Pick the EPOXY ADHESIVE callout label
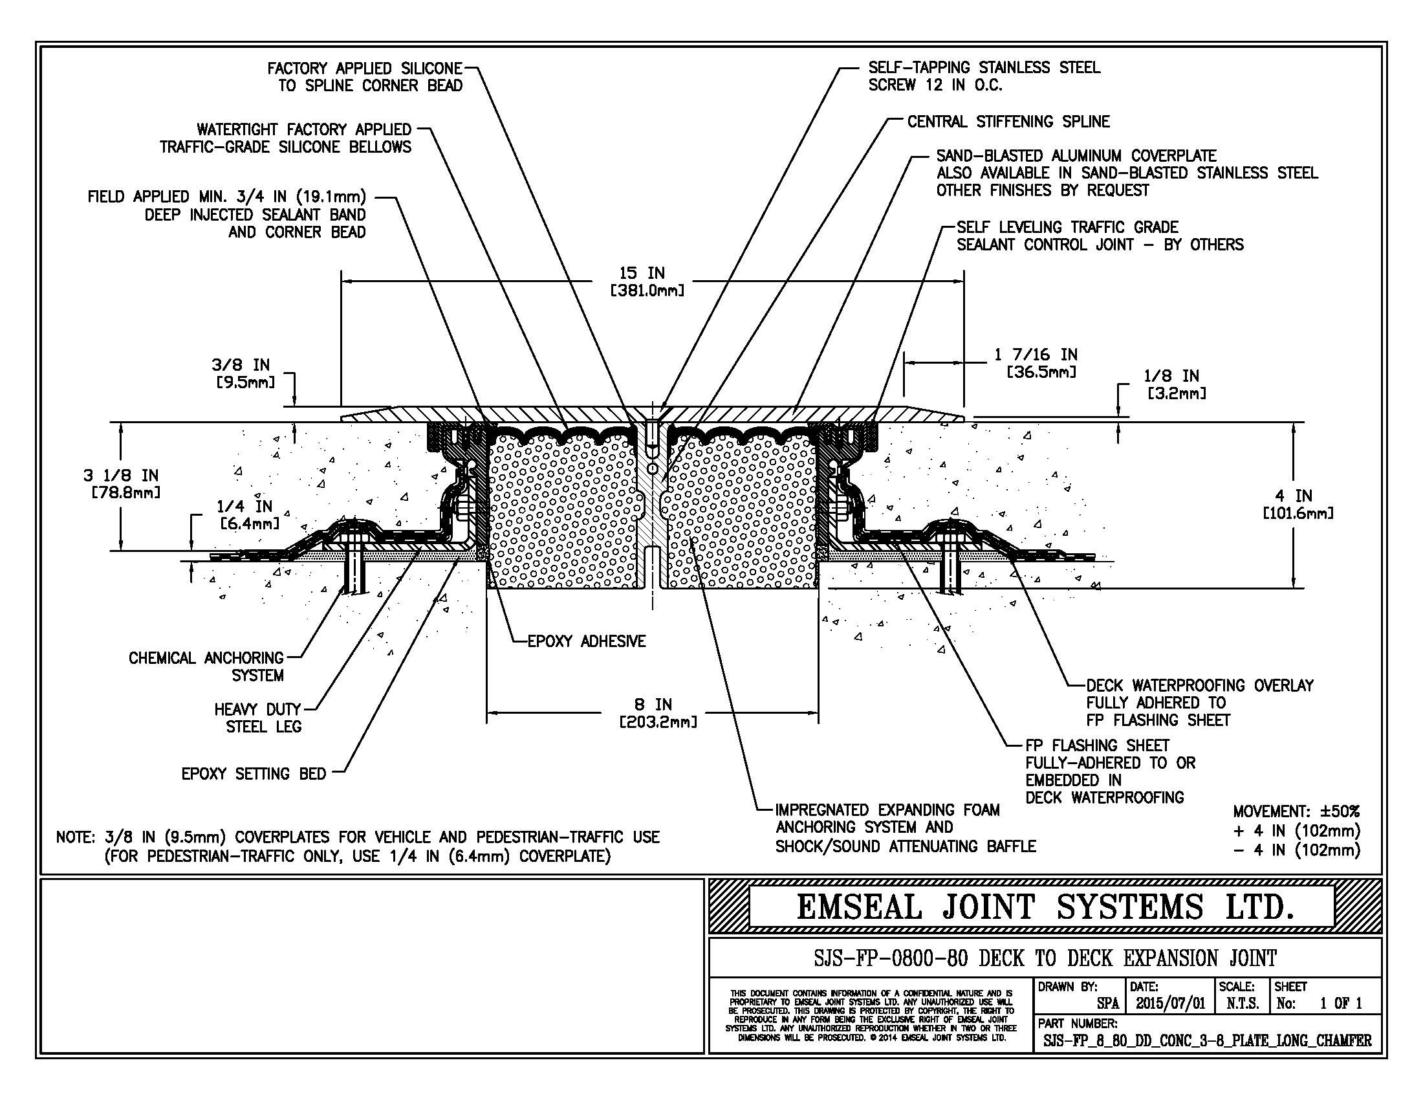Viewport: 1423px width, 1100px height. point(587,641)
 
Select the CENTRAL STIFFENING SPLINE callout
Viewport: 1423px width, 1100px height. point(1008,122)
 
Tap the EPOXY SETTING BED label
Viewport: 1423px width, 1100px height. point(254,773)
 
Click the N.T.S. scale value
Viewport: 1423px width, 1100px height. point(1242,1003)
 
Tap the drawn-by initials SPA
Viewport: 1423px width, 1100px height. point(1107,1004)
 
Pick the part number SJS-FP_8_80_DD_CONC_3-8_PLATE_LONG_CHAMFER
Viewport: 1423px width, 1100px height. point(1208,1040)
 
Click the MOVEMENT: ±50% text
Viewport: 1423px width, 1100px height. point(1296,811)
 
